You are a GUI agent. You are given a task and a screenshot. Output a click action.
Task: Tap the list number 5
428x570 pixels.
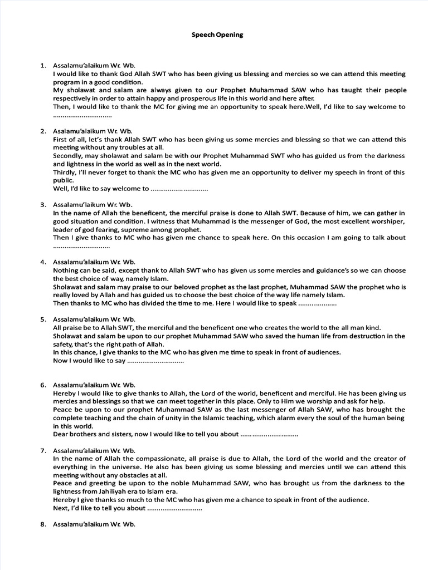tap(42, 320)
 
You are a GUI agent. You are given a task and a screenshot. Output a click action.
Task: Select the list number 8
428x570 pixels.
tap(42, 524)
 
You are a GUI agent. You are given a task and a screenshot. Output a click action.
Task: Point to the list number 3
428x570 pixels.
tap(42, 204)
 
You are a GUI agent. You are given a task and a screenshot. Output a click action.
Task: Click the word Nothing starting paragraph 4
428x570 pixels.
tap(67, 270)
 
